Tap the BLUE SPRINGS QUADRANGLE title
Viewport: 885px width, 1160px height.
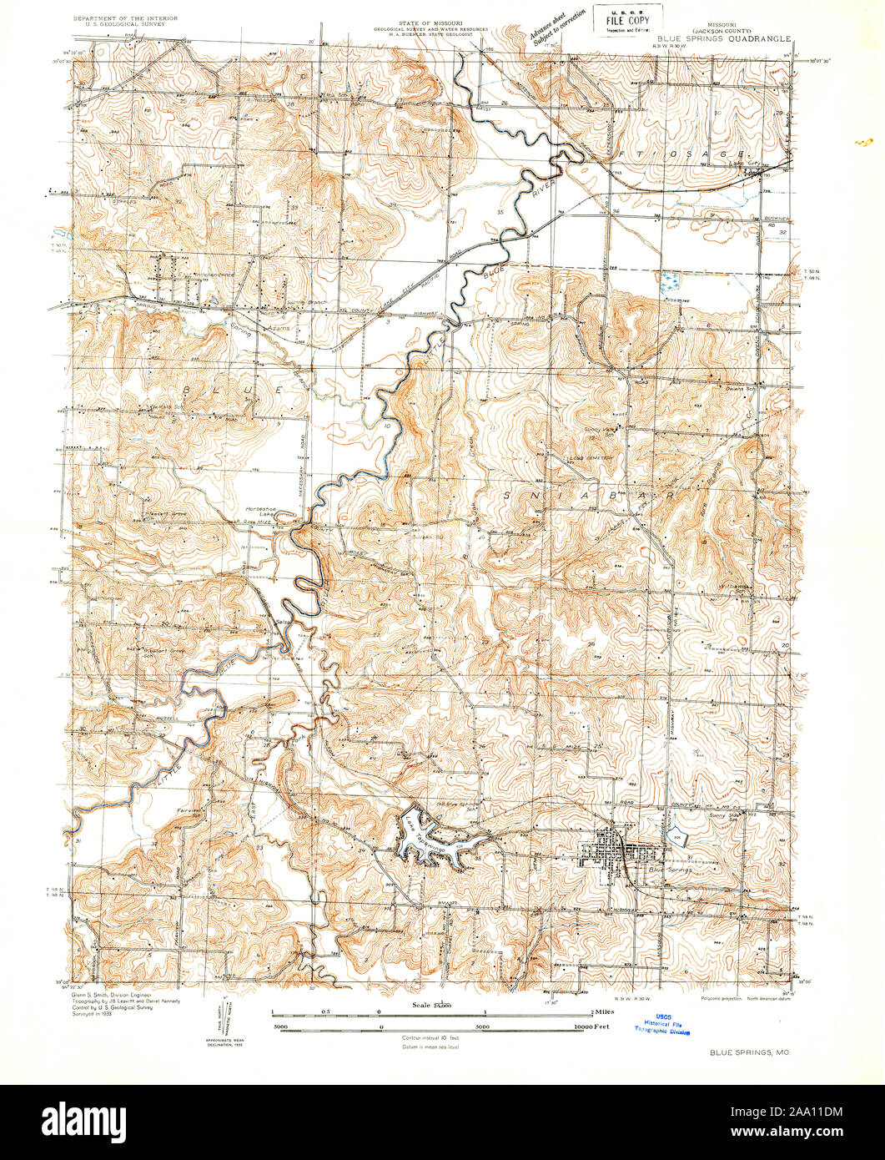pyautogui.click(x=720, y=38)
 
